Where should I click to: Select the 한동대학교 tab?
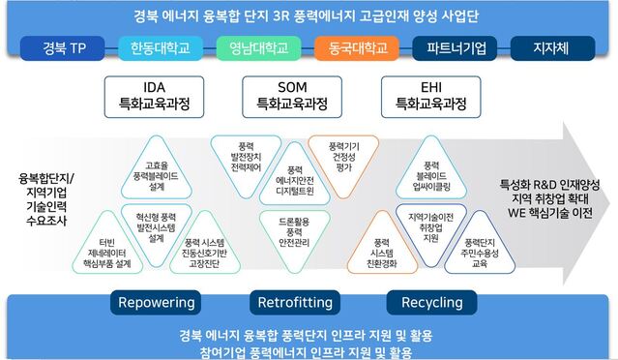coord(160,48)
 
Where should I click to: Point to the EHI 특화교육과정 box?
coord(427,94)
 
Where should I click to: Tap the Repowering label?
coord(157,303)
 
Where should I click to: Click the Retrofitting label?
coord(295,303)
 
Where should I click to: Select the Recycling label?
coord(431,303)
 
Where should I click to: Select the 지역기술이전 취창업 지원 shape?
coord(426,225)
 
